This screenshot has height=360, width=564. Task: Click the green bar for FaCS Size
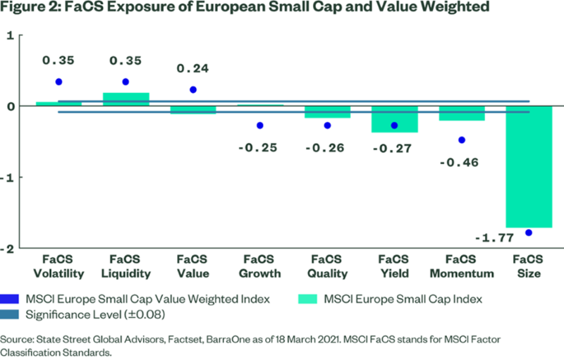pos(528,166)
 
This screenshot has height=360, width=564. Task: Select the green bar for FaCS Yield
pos(394,119)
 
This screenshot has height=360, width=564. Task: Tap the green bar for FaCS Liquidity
pos(125,99)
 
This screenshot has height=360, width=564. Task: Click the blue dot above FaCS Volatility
pos(59,82)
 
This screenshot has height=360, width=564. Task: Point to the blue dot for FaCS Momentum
pos(461,139)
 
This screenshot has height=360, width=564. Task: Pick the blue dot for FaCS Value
pos(193,89)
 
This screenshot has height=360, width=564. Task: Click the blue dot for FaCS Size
pos(529,232)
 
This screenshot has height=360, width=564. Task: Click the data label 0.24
pos(193,68)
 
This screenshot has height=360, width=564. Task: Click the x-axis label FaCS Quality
pos(327,267)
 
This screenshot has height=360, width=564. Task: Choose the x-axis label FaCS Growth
pos(260,267)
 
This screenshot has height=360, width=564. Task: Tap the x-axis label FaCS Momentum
pos(461,267)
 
